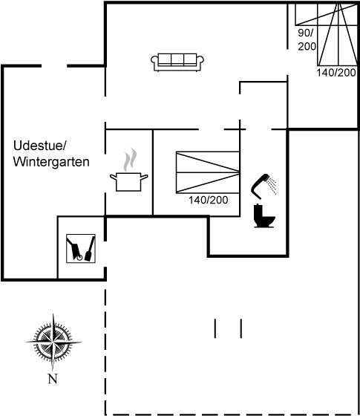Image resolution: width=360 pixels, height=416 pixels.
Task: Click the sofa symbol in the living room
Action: tap(177, 62)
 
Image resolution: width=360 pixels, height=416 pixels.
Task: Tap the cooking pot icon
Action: tap(129, 182)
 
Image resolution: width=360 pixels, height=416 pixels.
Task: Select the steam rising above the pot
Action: tap(130, 160)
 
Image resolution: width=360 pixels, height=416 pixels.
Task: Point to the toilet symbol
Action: tap(264, 215)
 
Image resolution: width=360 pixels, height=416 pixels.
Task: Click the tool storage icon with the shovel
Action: tap(81, 249)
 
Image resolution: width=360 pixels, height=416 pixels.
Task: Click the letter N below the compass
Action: tap(53, 379)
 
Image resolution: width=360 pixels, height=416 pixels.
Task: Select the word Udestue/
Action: tap(39, 146)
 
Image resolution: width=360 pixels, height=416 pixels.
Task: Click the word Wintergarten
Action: tap(51, 162)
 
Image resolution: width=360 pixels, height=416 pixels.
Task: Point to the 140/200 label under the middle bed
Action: tap(209, 200)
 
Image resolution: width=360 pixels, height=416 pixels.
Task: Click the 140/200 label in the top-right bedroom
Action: tap(336, 73)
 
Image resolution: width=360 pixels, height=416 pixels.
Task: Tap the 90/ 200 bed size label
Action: tap(307, 39)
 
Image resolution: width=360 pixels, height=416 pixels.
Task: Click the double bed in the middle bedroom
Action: tap(208, 172)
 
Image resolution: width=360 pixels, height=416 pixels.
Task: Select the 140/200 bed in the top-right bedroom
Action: tap(338, 34)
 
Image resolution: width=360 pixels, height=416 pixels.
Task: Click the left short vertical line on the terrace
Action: tap(215, 328)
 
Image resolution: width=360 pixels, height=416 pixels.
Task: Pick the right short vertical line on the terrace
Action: tap(241, 328)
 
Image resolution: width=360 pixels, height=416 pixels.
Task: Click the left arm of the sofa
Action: tap(154, 62)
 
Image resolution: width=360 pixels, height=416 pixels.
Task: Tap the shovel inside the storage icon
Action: tap(90, 249)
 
